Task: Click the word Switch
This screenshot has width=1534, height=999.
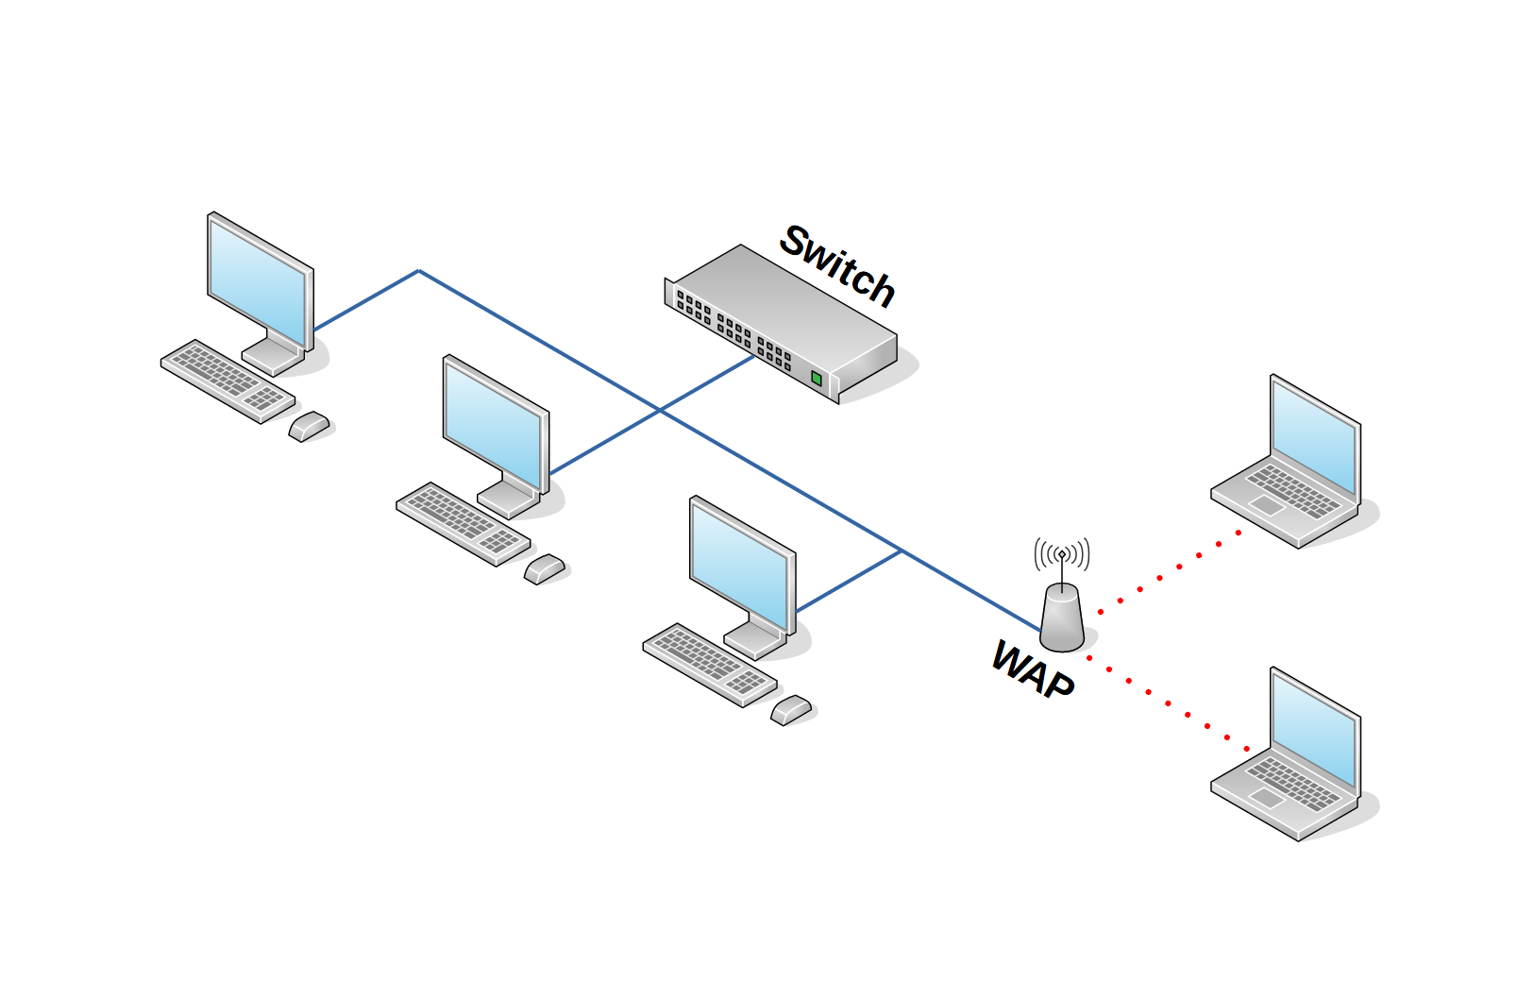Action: coord(836,266)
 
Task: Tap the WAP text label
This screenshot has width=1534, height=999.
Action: coord(1033,669)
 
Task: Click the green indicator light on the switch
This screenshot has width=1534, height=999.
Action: coord(817,378)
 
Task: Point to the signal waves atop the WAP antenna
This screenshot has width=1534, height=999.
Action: coord(1062,553)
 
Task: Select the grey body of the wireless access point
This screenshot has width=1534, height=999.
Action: coord(1062,618)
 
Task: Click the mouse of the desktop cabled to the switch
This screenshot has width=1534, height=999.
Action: coord(545,568)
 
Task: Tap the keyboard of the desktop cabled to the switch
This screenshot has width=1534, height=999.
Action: coord(463,523)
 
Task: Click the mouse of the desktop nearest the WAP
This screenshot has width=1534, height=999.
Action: coord(791,709)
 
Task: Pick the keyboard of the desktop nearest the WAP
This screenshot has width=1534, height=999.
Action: coord(709,664)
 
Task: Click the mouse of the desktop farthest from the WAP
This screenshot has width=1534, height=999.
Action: coord(309,426)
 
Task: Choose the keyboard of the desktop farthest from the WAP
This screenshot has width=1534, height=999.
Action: coord(227,381)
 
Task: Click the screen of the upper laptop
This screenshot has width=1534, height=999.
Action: coord(1313,435)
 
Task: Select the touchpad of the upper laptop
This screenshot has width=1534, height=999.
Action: coord(1265,506)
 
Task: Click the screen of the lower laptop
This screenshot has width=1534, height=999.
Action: coord(1313,728)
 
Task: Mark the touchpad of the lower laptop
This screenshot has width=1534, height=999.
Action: coord(1265,799)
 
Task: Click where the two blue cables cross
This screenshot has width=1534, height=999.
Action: coord(660,411)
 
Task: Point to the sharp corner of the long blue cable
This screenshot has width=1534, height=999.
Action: coord(418,271)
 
